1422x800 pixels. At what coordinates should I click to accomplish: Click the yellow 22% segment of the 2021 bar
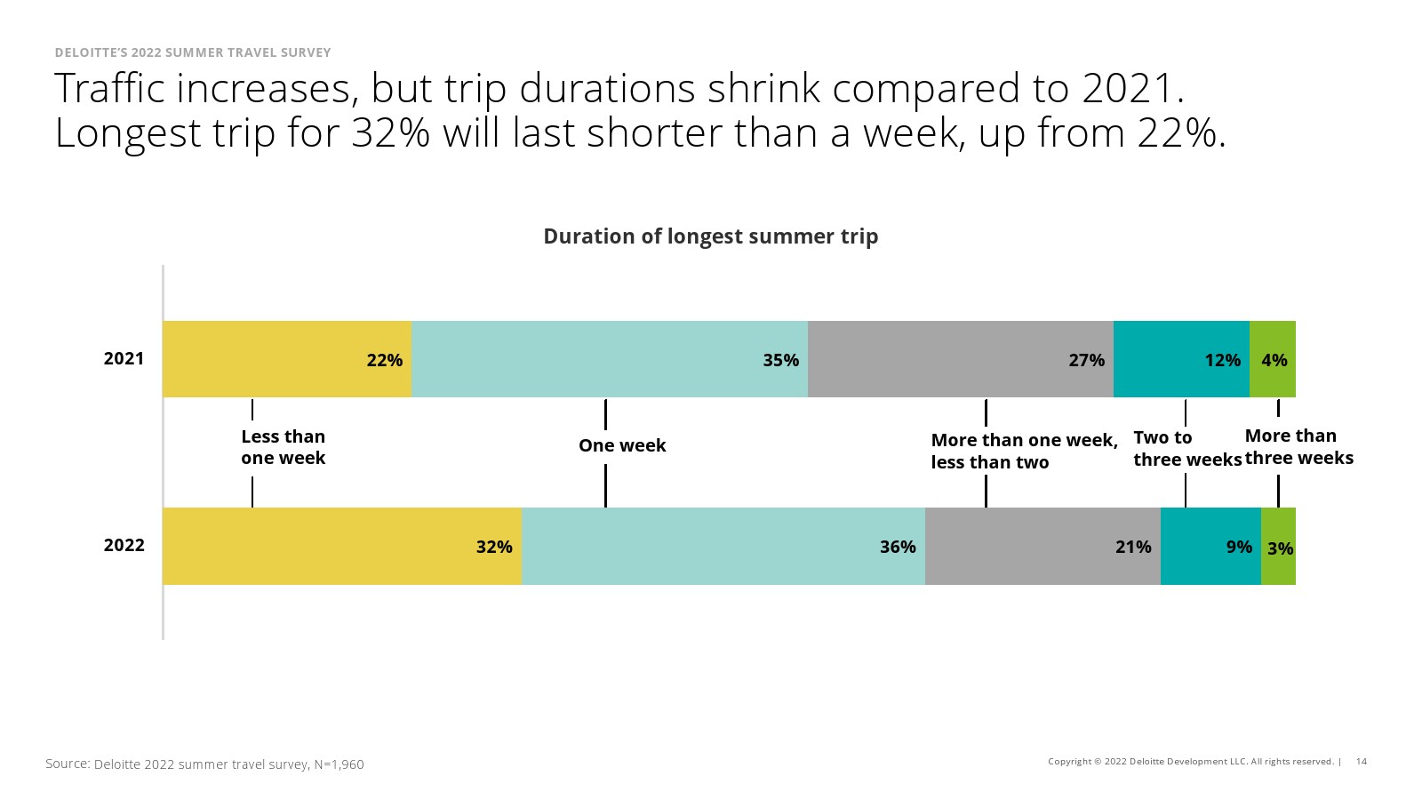pos(288,359)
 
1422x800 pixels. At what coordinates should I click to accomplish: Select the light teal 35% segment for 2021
pos(610,359)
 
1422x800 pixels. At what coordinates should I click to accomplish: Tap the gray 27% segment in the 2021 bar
pos(961,359)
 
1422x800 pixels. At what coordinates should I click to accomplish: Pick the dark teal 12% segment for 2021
pos(1181,359)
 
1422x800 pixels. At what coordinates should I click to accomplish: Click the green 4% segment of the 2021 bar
pos(1273,359)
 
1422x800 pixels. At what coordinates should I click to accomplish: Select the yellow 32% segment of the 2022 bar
pos(343,546)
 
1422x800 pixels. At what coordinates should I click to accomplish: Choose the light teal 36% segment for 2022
pos(723,546)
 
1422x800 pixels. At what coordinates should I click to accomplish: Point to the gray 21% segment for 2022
pos(1043,546)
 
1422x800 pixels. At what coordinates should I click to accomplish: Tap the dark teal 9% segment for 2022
pos(1211,546)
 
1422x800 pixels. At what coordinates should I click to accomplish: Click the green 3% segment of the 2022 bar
pos(1279,546)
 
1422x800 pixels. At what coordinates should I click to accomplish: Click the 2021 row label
pos(124,359)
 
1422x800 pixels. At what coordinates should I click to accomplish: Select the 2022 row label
pos(124,546)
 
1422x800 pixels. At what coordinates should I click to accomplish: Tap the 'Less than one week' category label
pos(284,447)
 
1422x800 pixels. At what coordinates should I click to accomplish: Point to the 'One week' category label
pos(622,445)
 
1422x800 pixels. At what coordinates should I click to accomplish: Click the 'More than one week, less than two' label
pos(1024,451)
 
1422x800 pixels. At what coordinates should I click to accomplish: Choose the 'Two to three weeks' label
pos(1187,448)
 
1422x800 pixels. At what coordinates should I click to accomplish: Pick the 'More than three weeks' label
pos(1298,446)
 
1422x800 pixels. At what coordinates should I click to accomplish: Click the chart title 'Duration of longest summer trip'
pos(711,236)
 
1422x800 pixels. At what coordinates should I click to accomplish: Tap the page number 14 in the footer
pos(1362,761)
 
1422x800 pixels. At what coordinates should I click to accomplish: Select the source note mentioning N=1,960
pos(204,764)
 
